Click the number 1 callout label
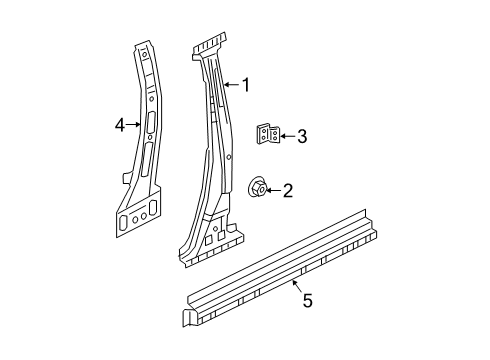pos(244,85)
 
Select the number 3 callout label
pos(302,136)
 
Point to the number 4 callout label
pos(120,125)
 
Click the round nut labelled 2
pos(258,186)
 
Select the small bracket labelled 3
pos(267,136)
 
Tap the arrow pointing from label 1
pos(230,85)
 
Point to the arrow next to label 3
pos(287,136)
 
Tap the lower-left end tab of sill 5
pos(187,318)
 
